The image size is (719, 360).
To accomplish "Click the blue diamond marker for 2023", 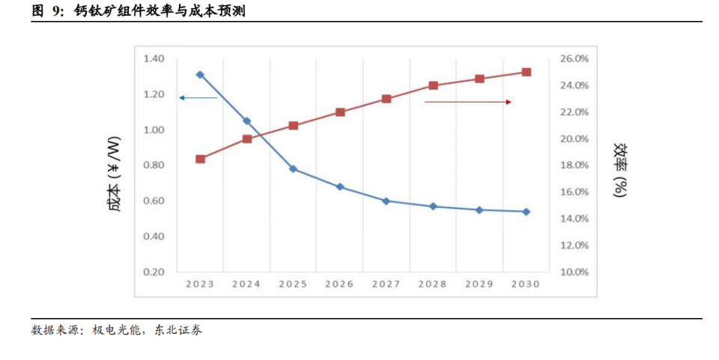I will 200,75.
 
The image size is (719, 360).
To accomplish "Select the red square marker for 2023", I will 200,159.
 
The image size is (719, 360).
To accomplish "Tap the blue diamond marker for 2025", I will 293,168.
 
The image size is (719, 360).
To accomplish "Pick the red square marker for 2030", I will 526,73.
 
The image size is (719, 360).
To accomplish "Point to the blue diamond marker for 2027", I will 386,201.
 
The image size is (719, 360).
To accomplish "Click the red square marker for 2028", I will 433,85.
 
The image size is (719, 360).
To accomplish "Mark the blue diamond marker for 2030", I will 526,212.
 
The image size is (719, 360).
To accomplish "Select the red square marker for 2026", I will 340,112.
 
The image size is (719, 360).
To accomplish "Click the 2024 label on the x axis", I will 246,284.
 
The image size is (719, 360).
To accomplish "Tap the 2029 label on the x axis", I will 479,284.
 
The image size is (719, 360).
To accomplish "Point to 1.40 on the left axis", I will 154,58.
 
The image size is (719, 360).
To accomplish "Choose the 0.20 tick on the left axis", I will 154,272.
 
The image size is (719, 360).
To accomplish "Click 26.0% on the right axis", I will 574,58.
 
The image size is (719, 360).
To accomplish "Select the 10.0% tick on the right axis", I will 574,272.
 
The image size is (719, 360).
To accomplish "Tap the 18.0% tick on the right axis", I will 574,165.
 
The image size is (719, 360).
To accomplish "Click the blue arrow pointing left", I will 198,98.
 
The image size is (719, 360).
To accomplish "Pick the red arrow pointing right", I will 468,102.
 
